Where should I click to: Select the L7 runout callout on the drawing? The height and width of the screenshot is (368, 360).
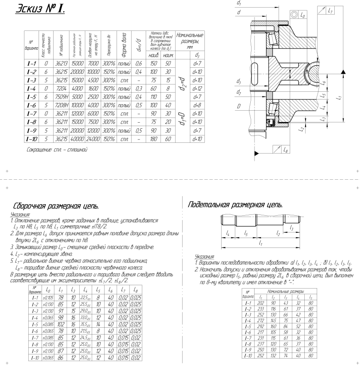pos(329,11)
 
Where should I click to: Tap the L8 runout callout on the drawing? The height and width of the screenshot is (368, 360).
pos(286,149)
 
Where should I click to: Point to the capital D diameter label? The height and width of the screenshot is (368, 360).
pos(238,105)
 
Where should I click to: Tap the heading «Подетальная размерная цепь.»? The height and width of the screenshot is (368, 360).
pos(235,205)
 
